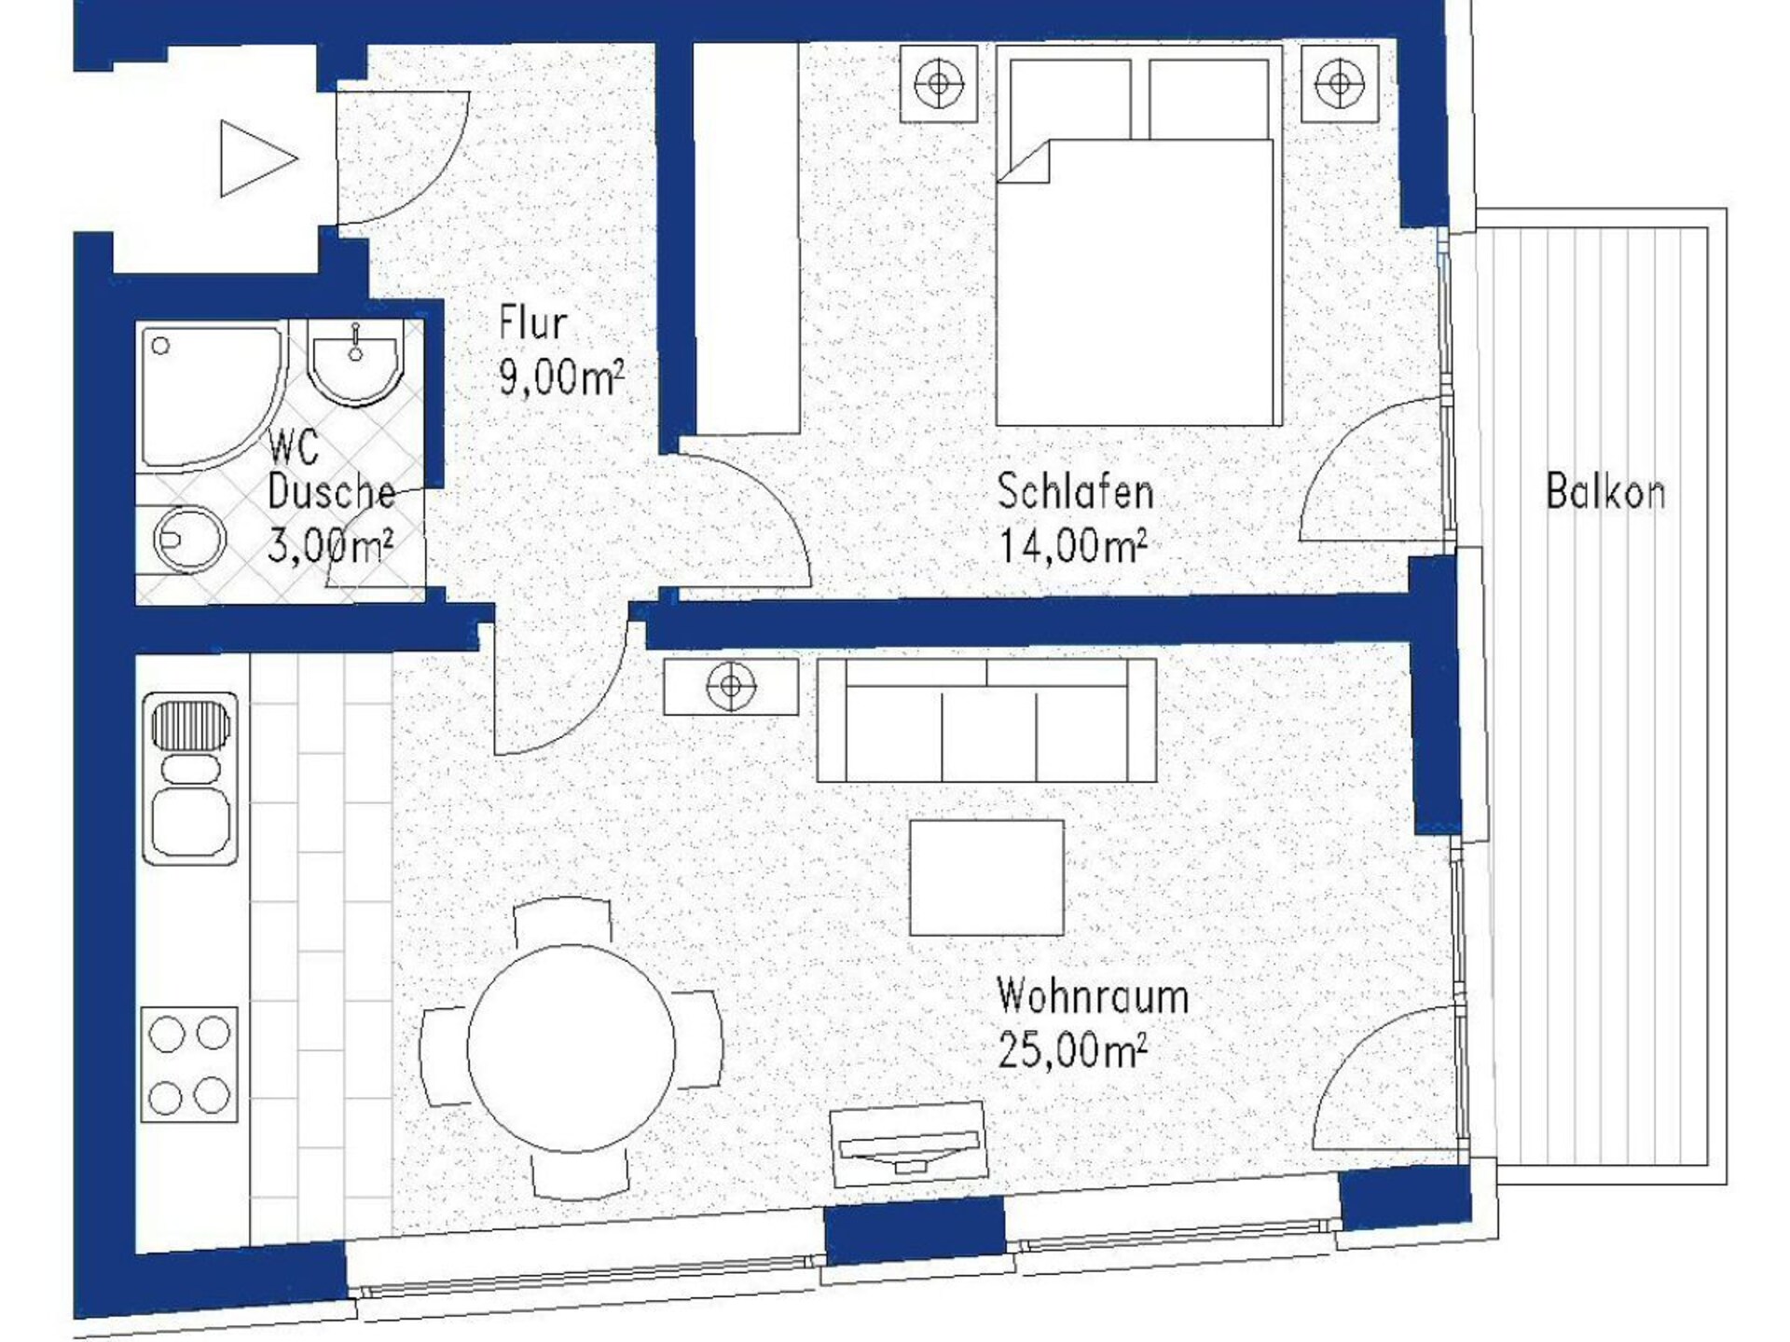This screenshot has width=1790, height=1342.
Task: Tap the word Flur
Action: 533,323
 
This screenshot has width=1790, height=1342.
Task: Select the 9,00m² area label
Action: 561,377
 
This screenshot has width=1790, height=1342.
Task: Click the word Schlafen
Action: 1075,491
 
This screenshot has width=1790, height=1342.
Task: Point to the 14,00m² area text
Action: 1072,545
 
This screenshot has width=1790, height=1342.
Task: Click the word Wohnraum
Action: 1093,996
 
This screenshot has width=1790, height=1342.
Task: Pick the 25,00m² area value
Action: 1072,1050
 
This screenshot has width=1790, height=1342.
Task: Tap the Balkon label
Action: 1605,491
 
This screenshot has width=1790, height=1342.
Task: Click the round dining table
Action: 571,1048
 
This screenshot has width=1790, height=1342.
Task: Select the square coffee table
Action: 986,877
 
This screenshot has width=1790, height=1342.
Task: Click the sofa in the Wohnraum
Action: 986,720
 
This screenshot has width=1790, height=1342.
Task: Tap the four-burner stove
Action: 189,1064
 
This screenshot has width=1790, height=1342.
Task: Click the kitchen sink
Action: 190,778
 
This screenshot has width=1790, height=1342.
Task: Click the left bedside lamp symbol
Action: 939,84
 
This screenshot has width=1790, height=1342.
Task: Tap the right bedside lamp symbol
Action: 1340,84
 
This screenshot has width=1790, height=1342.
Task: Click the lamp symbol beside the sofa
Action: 731,687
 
